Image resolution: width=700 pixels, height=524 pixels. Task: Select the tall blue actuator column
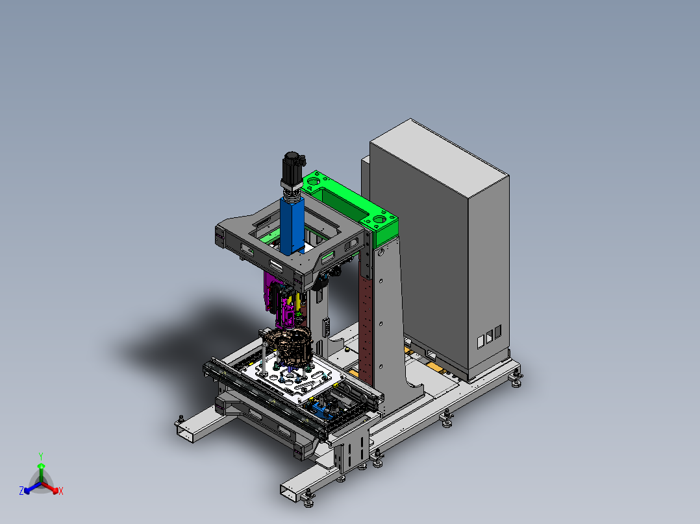click(292, 225)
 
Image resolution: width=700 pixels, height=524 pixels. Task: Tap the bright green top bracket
click(353, 205)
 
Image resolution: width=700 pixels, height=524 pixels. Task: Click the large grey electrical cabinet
click(440, 250)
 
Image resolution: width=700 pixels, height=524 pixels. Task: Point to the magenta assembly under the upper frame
click(279, 299)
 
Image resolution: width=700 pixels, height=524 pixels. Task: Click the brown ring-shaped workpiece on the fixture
click(286, 345)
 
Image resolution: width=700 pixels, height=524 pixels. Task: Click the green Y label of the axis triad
click(41, 457)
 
